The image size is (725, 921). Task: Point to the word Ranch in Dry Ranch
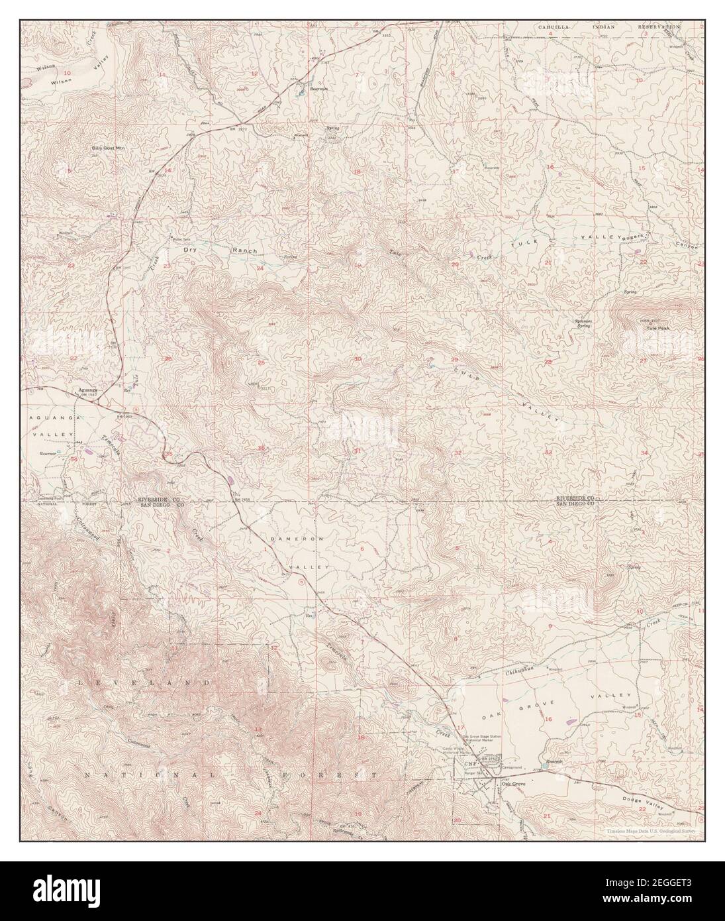(242, 250)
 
